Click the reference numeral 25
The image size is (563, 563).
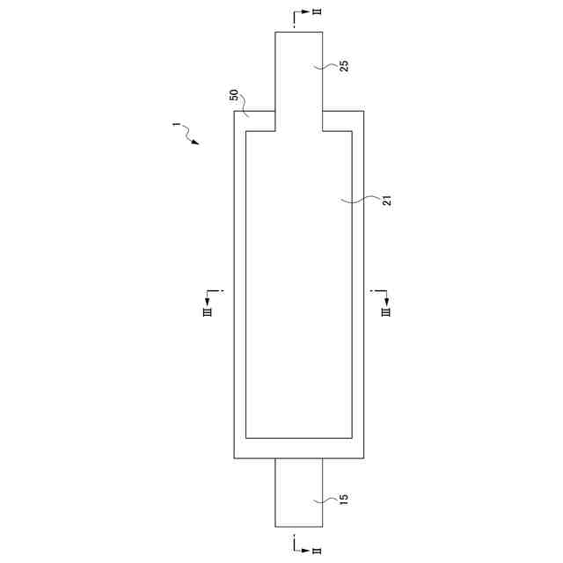[344, 66]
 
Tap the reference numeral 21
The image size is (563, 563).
[387, 201]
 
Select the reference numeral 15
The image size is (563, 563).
[344, 500]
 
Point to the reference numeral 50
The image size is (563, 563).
[234, 95]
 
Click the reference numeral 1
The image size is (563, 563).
[176, 124]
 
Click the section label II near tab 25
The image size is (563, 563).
[317, 11]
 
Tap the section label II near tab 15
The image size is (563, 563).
[317, 551]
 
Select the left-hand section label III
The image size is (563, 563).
[208, 312]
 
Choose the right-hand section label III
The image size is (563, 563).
[386, 312]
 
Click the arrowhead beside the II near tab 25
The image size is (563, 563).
[305, 11]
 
